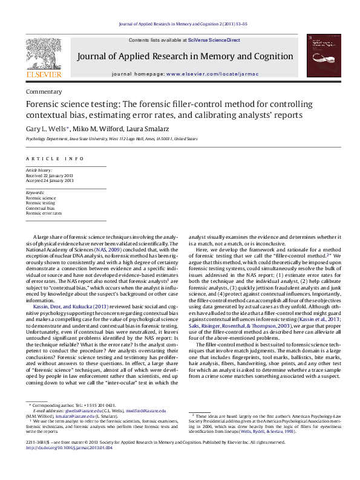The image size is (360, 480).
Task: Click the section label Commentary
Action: (x=44, y=91)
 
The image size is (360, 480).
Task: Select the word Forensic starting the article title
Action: (x=42, y=105)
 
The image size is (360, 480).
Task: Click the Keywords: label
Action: (x=35, y=193)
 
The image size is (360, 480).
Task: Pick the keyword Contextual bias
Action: (x=41, y=207)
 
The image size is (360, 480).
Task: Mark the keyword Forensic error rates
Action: (x=44, y=212)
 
